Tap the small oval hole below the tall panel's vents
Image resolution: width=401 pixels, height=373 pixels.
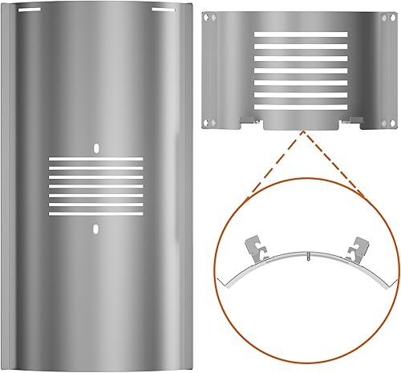(x=95, y=229)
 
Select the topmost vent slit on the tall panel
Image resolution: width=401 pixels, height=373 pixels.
(x=95, y=160)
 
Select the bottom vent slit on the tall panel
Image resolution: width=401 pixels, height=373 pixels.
(x=95, y=216)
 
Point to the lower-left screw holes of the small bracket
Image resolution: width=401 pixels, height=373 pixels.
(x=209, y=121)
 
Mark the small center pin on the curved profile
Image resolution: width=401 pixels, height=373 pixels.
(x=307, y=257)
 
